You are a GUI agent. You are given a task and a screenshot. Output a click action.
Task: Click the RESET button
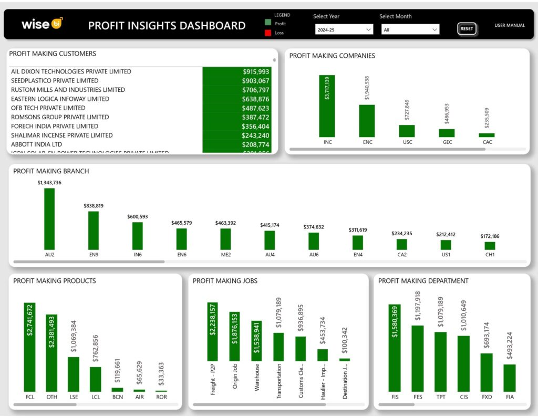point(467,29)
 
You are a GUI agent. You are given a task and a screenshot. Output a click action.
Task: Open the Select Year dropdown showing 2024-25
point(344,30)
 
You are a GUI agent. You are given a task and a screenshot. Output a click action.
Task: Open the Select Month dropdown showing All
point(410,30)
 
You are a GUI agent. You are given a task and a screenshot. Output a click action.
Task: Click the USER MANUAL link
point(509,25)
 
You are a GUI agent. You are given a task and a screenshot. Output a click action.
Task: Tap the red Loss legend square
point(268,33)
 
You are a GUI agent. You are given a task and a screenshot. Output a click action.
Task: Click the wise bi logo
point(42,24)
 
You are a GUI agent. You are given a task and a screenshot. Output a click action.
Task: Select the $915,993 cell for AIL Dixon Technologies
point(236,71)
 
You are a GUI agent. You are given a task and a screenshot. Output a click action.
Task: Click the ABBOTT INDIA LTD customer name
point(37,144)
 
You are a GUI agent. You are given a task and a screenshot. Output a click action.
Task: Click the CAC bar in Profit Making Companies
point(487,135)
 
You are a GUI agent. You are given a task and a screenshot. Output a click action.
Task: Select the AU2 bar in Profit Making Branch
point(49,218)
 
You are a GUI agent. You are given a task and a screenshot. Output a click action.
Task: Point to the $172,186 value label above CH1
point(490,236)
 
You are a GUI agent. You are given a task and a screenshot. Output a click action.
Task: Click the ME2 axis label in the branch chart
point(225,255)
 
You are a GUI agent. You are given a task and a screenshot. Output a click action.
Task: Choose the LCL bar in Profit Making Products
point(95,379)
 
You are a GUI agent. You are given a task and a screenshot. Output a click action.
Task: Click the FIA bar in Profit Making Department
point(510,378)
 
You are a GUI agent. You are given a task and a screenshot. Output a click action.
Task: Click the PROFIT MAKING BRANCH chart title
point(51,171)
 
